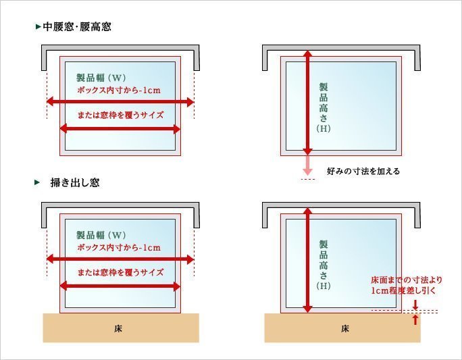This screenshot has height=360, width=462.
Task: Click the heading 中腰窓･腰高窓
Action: click(77, 27)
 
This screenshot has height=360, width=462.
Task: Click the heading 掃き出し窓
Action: click(75, 182)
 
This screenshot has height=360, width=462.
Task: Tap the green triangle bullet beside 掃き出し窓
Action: click(37, 182)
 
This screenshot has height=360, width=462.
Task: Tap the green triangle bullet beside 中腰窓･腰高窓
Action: click(38, 27)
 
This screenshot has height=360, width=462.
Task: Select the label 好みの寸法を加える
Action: click(363, 171)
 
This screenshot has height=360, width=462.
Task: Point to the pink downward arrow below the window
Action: click(307, 165)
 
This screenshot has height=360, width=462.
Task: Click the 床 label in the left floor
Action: click(118, 328)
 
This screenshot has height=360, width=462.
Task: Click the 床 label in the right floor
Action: click(344, 328)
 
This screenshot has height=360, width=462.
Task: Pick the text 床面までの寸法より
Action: click(407, 280)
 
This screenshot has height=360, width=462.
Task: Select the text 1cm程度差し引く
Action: click(403, 290)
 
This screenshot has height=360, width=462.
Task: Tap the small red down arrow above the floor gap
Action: click(415, 305)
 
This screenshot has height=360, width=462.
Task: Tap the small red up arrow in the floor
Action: click(415, 319)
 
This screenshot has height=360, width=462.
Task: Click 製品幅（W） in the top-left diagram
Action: click(101, 78)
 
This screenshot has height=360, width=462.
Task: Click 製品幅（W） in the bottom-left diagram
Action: click(101, 235)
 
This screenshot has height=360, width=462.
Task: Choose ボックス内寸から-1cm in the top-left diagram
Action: click(119, 90)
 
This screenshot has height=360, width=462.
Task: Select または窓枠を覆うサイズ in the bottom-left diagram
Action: click(120, 272)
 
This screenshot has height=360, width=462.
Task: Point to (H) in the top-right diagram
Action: click(324, 128)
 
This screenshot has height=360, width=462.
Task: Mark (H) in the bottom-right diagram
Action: click(324, 286)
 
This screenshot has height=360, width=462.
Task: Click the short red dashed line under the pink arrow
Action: click(307, 179)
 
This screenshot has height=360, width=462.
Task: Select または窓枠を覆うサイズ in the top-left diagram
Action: click(120, 115)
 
